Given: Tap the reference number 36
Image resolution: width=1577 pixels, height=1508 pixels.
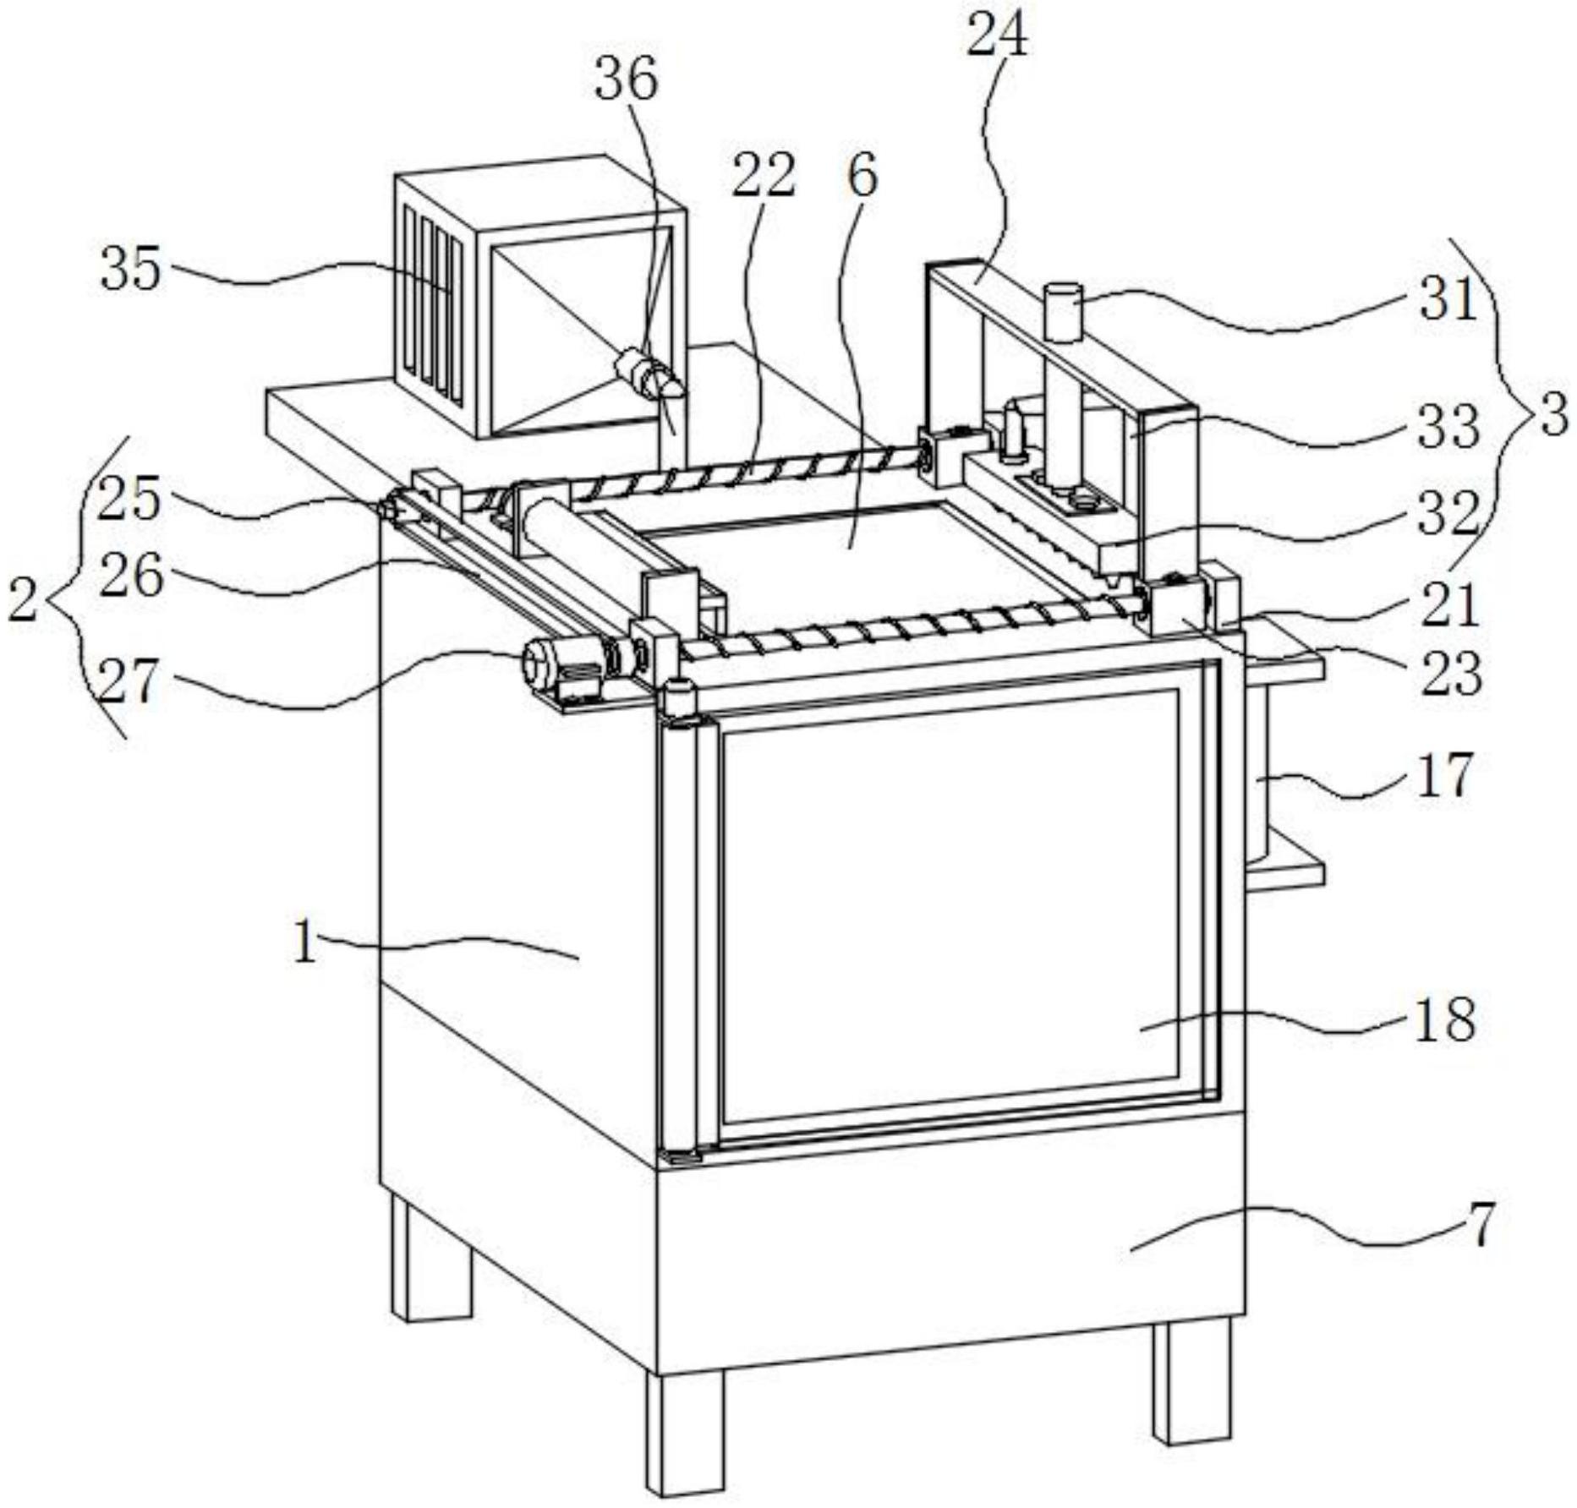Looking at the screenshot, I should click(x=627, y=80).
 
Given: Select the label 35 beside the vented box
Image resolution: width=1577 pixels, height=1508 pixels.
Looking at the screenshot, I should click(x=130, y=270).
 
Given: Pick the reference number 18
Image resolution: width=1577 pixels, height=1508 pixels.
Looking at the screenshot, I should click(x=1444, y=1019).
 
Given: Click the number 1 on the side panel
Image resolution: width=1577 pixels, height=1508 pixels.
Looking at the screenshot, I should click(x=305, y=943).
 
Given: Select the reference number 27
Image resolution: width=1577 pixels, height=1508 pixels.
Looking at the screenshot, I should click(x=129, y=681).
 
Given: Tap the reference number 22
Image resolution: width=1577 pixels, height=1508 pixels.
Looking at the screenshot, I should click(x=764, y=177).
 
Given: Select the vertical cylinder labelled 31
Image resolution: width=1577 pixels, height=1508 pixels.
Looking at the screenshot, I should click(x=1063, y=363).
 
